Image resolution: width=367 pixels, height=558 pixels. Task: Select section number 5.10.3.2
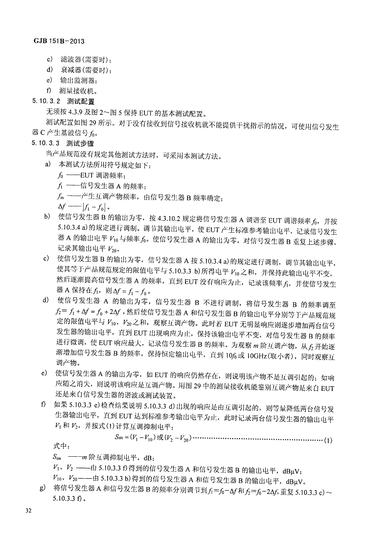coord(45,101)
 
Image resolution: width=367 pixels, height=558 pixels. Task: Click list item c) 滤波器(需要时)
coord(78,59)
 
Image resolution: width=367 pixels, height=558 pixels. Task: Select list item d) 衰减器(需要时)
coord(78,69)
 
